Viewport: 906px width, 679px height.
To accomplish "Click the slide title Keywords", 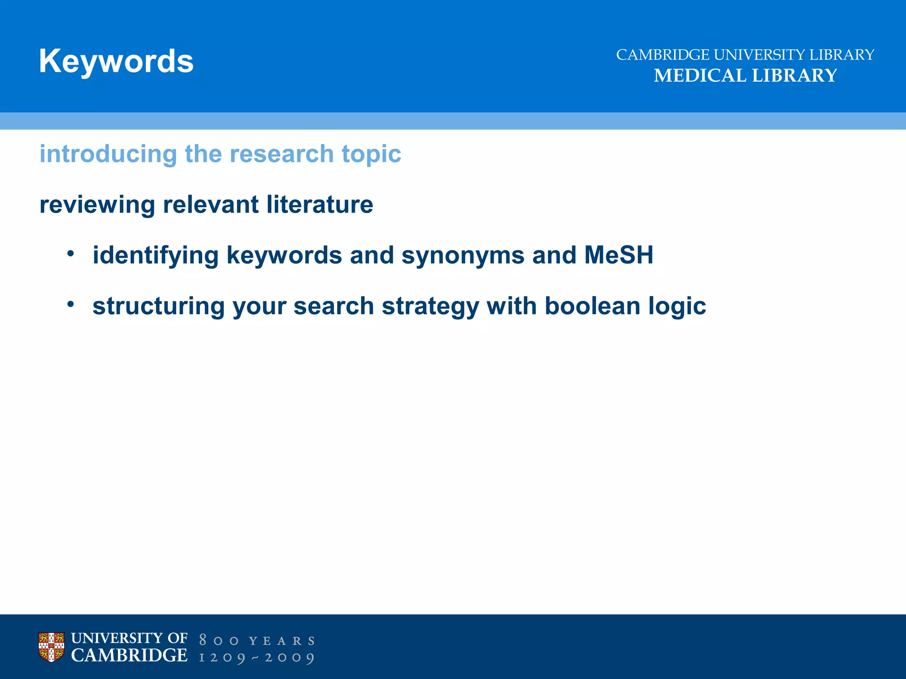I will [116, 61].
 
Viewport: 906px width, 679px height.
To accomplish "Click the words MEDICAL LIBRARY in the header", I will [745, 76].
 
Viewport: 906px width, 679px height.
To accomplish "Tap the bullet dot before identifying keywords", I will [70, 254].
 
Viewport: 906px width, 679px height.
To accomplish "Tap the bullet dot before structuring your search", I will [70, 304].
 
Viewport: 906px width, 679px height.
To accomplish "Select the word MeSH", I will [618, 255].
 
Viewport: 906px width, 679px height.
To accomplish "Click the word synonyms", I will [463, 256].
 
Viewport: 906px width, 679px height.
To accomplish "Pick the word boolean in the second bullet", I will [592, 306].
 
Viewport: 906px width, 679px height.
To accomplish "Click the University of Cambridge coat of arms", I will [51, 647].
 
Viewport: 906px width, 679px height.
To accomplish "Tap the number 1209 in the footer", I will [222, 657].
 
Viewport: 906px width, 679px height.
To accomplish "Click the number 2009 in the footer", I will [289, 657].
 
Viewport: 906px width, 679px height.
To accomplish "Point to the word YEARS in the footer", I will [282, 641].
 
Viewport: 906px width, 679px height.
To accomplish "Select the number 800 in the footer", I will [219, 641].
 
